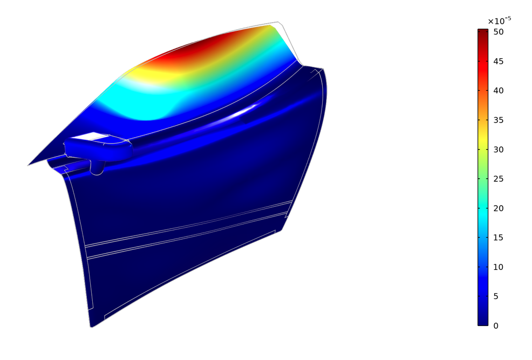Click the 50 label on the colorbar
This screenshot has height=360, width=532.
point(499,32)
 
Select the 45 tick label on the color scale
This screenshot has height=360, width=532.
point(499,62)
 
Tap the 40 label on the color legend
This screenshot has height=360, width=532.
point(499,91)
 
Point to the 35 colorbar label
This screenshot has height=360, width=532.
point(499,120)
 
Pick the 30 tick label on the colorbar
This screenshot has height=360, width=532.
point(499,150)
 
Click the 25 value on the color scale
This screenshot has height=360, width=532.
point(499,179)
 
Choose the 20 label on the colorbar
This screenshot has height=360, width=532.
point(499,208)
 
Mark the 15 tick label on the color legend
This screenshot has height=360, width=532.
point(499,237)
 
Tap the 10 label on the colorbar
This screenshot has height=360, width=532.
point(499,267)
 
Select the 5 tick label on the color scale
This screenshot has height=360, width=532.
point(496,296)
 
